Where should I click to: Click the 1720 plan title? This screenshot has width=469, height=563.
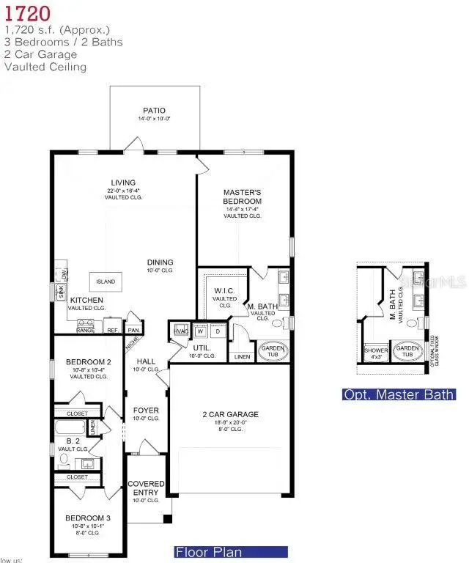pyautogui.click(x=27, y=12)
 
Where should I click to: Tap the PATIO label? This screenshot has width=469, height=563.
pyautogui.click(x=154, y=111)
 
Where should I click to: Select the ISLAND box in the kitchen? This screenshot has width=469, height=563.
pyautogui.click(x=106, y=282)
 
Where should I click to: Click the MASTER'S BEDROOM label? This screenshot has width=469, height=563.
pyautogui.click(x=242, y=196)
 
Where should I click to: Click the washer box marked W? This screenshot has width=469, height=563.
pyautogui.click(x=199, y=331)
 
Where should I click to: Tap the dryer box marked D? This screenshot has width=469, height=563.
pyautogui.click(x=217, y=331)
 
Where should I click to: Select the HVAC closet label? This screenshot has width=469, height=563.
pyautogui.click(x=179, y=331)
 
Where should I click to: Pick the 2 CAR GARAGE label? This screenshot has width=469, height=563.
pyautogui.click(x=230, y=414)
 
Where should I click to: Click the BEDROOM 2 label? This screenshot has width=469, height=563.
pyautogui.click(x=88, y=362)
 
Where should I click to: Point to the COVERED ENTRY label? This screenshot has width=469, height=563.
pyautogui.click(x=146, y=488)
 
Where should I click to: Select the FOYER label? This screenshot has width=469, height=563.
pyautogui.click(x=141, y=410)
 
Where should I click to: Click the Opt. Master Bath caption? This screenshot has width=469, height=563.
pyautogui.click(x=399, y=395)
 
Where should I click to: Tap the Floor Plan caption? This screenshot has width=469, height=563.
pyautogui.click(x=208, y=552)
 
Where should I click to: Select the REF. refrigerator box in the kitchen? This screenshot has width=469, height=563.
pyautogui.click(x=112, y=325)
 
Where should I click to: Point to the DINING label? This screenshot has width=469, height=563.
pyautogui.click(x=160, y=262)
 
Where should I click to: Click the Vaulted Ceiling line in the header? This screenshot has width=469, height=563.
pyautogui.click(x=45, y=67)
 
